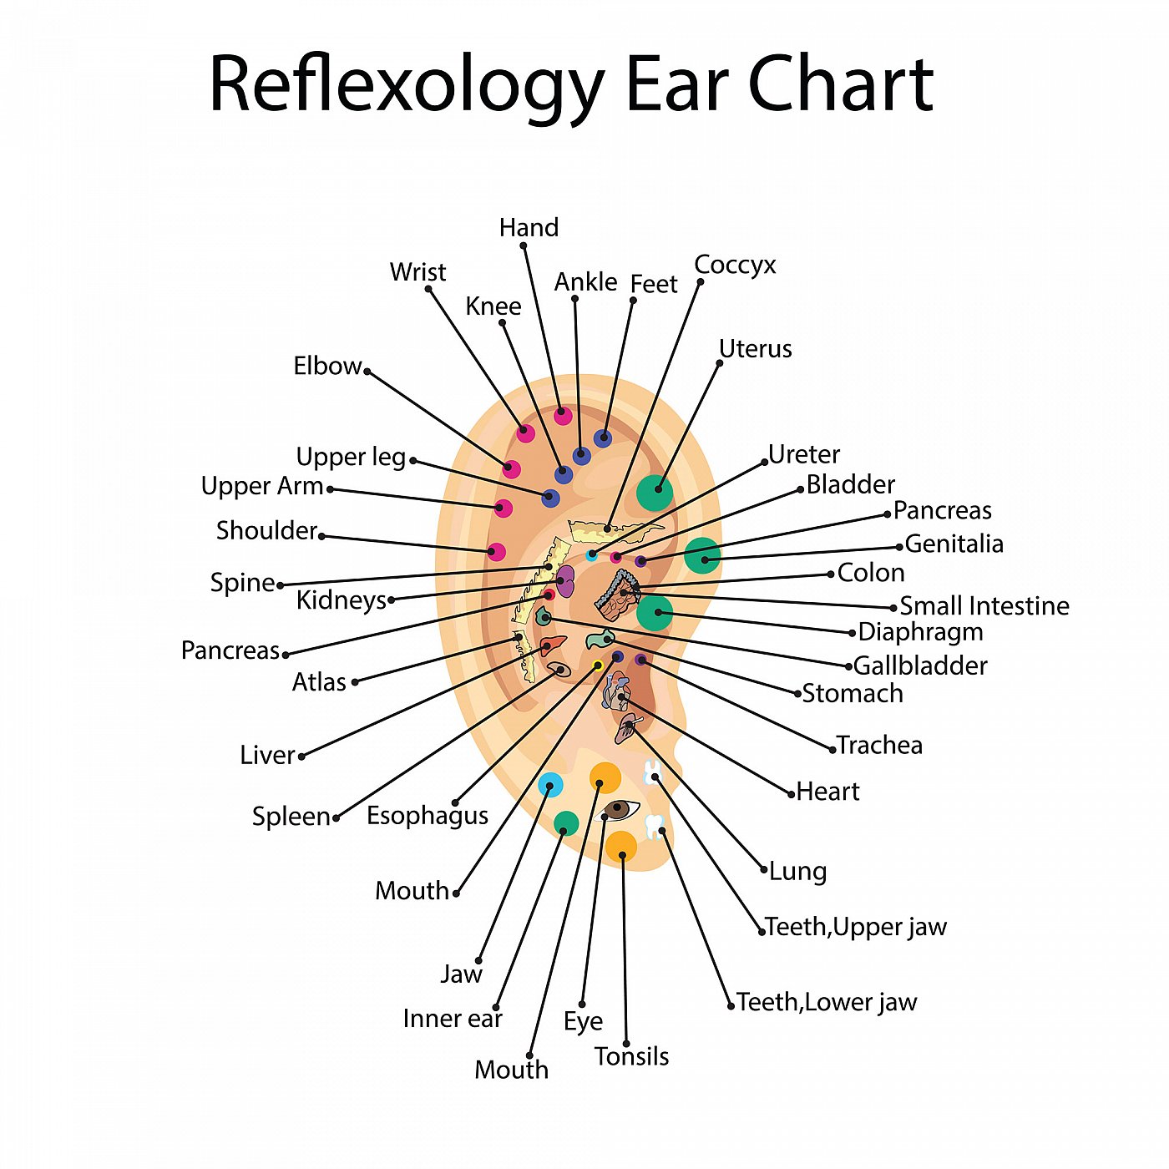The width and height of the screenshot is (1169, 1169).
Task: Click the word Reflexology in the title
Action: tap(407, 86)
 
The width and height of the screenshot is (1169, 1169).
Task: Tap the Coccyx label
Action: tap(735, 265)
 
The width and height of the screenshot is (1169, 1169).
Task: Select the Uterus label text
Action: tap(755, 349)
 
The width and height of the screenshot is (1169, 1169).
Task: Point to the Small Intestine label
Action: tap(984, 605)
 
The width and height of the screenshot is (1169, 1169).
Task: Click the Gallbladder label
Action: tap(919, 665)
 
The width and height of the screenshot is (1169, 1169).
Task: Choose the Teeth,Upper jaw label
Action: tap(855, 926)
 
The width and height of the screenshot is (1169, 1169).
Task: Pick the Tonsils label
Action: tap(631, 1056)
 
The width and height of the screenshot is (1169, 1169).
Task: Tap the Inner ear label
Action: tap(453, 1019)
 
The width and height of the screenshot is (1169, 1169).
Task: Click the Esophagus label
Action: tap(427, 816)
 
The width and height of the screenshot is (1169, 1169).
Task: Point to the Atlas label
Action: tap(318, 682)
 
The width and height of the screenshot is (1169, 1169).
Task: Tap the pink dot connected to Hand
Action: tap(563, 416)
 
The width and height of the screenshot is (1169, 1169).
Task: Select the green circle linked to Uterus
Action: tap(655, 492)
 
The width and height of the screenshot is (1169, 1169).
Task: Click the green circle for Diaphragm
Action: tap(655, 612)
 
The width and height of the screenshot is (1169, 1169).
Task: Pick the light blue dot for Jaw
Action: tap(550, 785)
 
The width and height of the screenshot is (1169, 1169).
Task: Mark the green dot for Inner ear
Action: tap(566, 823)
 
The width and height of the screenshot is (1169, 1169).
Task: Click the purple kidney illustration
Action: tap(565, 580)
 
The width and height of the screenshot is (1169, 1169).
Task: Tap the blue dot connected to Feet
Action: tap(602, 438)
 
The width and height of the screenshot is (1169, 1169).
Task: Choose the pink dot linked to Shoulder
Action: tap(496, 552)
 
